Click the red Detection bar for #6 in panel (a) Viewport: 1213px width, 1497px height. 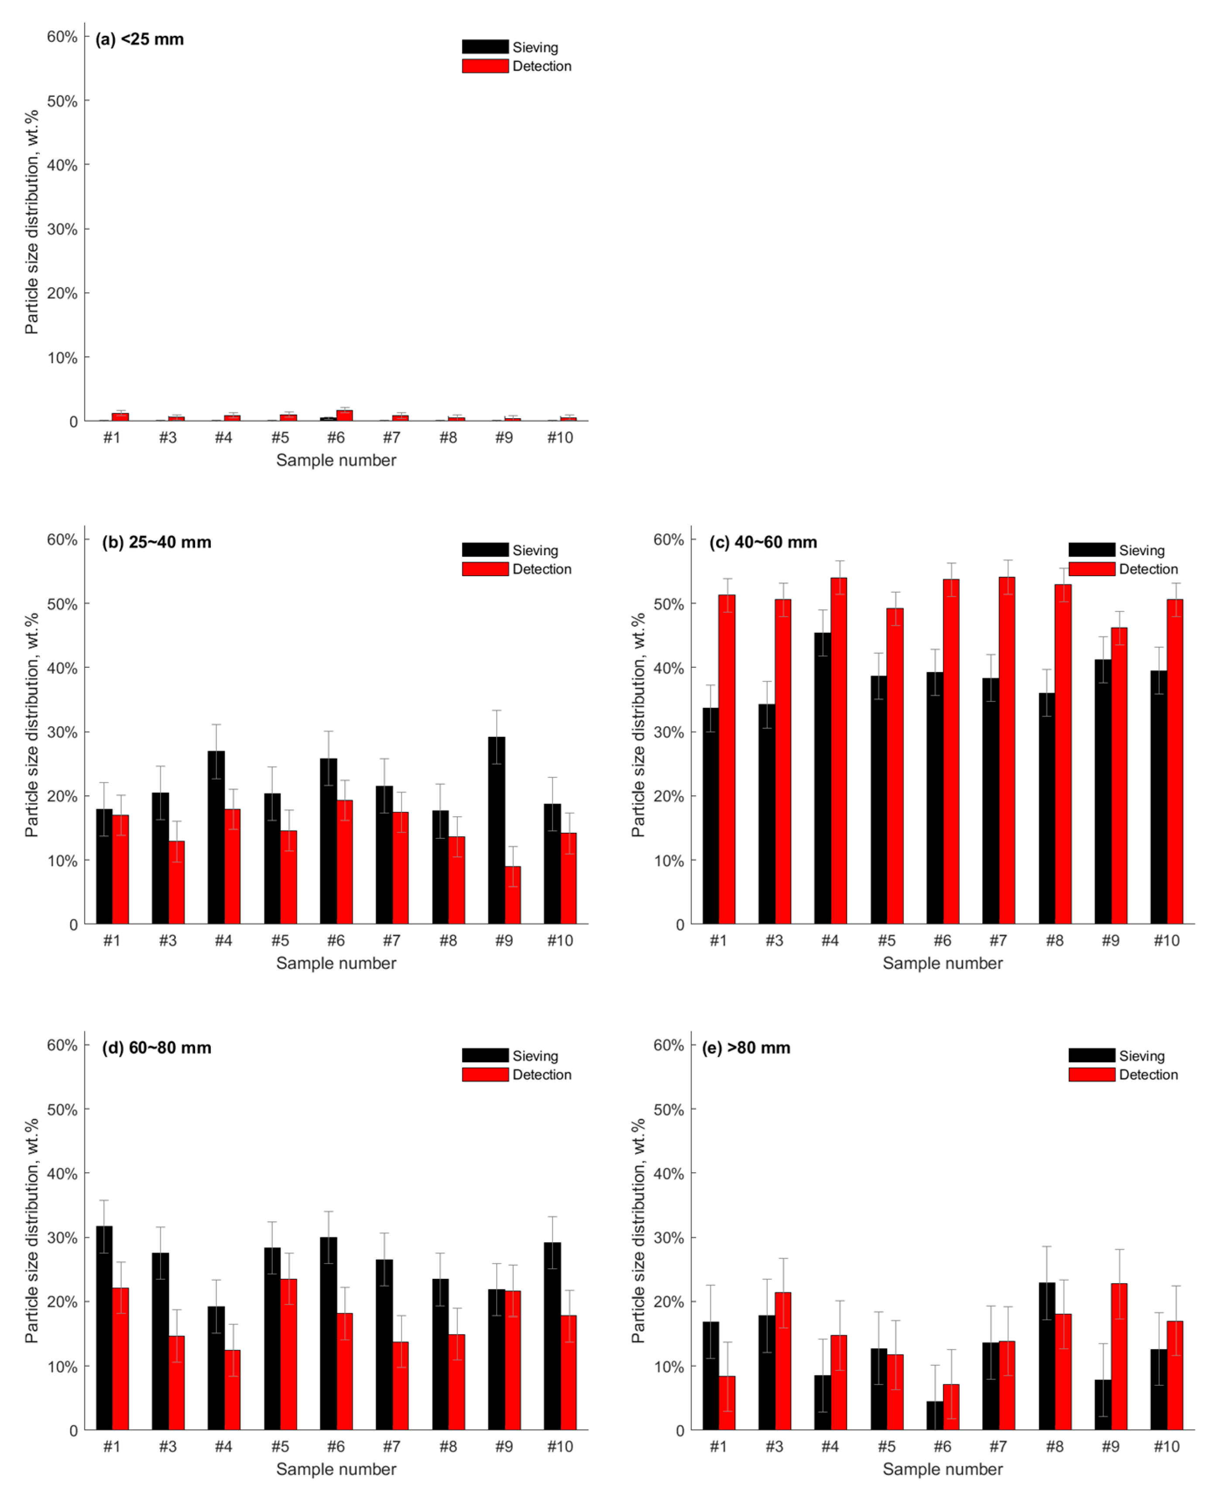point(344,415)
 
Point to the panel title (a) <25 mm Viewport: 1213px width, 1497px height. point(140,39)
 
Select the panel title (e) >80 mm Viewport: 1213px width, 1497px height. point(746,1047)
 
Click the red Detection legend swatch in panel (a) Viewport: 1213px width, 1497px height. point(485,66)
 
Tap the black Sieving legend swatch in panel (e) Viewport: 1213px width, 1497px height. point(1091,1055)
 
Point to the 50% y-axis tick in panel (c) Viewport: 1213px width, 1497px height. point(669,604)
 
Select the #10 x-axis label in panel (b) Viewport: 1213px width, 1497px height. point(560,940)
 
